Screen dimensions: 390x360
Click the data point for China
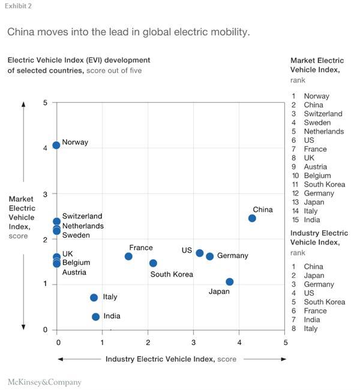tap(252, 218)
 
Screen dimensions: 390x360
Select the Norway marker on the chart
tap(56, 145)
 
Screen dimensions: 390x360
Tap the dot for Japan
tap(229, 282)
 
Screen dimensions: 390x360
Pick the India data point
tap(95, 317)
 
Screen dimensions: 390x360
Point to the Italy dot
tap(94, 298)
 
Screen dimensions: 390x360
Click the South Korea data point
tap(153, 263)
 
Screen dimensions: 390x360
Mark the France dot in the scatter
tap(128, 256)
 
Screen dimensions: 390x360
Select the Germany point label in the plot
tap(232, 256)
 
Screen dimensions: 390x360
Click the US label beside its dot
tap(187, 250)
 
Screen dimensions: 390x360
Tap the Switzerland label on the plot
tap(82, 216)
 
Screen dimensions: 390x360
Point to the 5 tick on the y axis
tap(45, 103)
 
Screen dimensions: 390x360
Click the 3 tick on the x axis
tap(193, 343)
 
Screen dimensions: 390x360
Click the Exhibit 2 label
tap(19, 6)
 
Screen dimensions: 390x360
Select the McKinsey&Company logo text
tap(44, 382)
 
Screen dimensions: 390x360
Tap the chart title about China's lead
tap(128, 32)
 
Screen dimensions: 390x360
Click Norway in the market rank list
tap(316, 96)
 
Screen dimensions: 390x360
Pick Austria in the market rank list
tap(315, 167)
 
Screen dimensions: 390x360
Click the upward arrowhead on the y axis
tap(23, 104)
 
